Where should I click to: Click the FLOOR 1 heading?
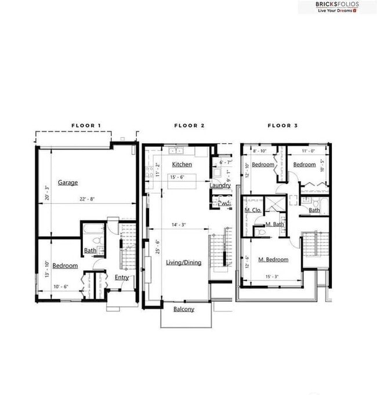[x=86, y=125]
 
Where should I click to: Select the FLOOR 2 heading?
[x=189, y=125]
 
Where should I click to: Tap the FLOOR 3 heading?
[x=282, y=125]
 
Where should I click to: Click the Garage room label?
[x=67, y=182]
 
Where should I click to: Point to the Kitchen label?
[x=182, y=165]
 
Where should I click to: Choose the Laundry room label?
[x=220, y=186]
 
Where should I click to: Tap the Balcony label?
[x=184, y=309]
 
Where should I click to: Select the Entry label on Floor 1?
[x=122, y=277]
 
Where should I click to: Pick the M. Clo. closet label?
[x=253, y=210]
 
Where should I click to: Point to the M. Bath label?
[x=274, y=224]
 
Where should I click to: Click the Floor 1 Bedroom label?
[x=65, y=266]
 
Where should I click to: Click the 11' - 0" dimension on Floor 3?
[x=309, y=150]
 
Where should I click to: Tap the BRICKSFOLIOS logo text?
[x=337, y=4]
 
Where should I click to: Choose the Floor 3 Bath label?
[x=314, y=211]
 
